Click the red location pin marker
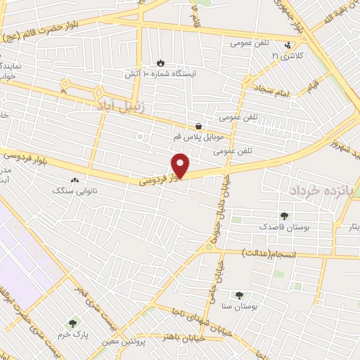pos(181,165)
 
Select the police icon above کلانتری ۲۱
pos(287,46)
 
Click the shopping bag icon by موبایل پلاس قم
pos(199,126)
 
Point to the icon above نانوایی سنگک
pos(74,179)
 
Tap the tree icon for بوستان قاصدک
pos(284,216)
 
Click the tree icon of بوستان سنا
pos(240,296)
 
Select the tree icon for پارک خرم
pos(73,323)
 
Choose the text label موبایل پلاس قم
pos(198,137)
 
